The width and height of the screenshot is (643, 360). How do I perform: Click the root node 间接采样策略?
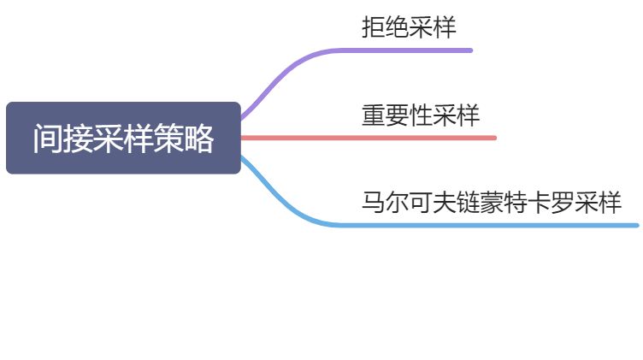[123, 139]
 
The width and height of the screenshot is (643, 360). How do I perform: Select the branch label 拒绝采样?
[409, 27]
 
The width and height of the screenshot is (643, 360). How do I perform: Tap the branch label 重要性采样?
[421, 115]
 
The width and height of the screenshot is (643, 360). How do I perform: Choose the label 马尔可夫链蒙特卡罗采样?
[492, 204]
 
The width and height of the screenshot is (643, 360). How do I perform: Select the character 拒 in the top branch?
[374, 27]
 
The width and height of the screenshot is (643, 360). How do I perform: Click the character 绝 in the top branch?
[397, 27]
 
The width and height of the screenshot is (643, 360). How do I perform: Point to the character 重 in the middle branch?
[374, 115]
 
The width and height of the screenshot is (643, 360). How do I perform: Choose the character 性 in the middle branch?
[421, 115]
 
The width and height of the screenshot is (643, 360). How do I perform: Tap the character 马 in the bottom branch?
[374, 204]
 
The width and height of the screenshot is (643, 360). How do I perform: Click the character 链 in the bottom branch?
[468, 204]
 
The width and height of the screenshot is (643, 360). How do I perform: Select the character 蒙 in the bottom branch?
[492, 204]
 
